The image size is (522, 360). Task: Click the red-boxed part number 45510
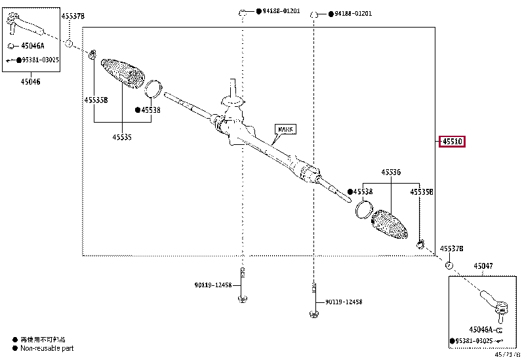[x=452, y=142]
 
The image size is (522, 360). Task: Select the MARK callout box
[x=285, y=130]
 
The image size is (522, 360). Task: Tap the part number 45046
[x=30, y=82]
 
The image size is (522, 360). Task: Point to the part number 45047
[x=483, y=266]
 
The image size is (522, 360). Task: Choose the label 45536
[x=391, y=172]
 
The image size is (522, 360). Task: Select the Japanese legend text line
[x=43, y=339]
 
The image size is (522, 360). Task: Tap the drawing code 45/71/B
[x=507, y=355]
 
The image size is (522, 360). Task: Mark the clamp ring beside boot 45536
[x=363, y=210]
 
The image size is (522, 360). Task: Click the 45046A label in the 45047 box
[x=482, y=329]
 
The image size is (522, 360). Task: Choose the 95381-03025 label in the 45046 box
[x=39, y=60]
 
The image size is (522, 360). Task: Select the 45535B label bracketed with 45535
[x=95, y=100]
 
